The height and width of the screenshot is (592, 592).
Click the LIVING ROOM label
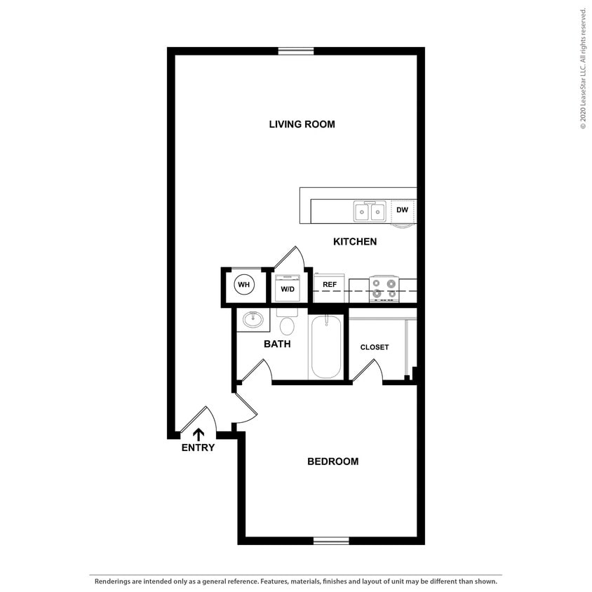coord(302,124)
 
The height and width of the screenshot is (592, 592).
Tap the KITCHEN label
coord(354,241)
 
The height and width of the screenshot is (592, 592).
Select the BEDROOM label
coord(332,461)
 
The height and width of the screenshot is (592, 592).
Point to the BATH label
coord(277,344)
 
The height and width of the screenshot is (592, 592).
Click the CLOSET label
coord(374,347)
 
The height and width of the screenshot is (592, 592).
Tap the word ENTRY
coord(198,448)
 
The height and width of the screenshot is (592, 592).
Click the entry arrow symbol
coord(199,434)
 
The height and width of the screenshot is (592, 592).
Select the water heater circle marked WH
coord(243,285)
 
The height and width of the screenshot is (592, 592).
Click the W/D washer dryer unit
coord(288,288)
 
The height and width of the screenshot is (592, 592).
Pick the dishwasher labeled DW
coord(402,210)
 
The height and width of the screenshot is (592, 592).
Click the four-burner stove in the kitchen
coord(384,288)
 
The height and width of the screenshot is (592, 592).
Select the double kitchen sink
coord(370,210)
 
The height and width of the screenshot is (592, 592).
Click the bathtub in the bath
coord(325,347)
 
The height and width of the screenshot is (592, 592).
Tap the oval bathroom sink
coord(253,321)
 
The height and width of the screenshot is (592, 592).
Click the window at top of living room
coord(295,51)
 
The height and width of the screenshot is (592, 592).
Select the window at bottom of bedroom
coord(331,541)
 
